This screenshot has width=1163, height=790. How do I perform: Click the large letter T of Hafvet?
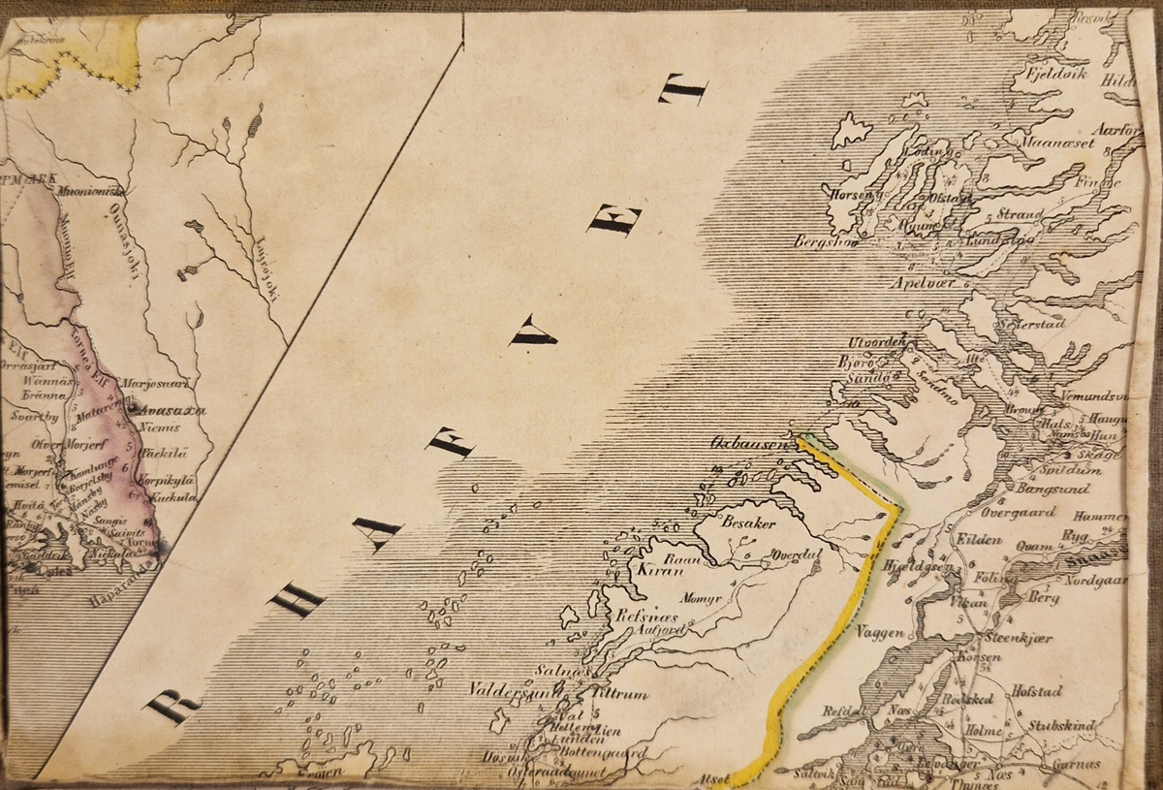(x=683, y=90)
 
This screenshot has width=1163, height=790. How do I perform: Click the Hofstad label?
(x=1037, y=691)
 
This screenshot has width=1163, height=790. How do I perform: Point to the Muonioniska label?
(x=88, y=191)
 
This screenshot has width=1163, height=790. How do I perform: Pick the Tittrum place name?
(x=617, y=694)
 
